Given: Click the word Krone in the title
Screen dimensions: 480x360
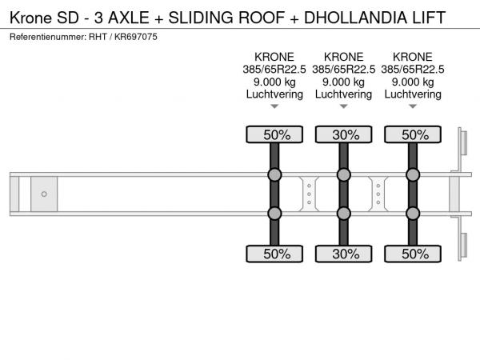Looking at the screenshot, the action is click(30, 18).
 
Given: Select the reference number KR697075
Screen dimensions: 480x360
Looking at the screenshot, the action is click(136, 37).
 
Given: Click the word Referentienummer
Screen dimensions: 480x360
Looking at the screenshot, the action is click(48, 37).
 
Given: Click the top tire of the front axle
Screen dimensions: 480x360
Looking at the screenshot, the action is click(274, 134).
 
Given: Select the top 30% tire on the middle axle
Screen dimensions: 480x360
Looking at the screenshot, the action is click(344, 134).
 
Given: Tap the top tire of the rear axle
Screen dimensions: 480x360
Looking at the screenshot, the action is click(413, 134).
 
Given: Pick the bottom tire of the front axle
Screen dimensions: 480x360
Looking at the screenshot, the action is click(274, 254).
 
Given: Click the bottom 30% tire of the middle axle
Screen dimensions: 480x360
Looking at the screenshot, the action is click(344, 254).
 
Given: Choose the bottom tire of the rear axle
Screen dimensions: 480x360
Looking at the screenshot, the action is click(413, 254).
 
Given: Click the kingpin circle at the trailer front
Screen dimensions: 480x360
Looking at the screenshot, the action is click(44, 194).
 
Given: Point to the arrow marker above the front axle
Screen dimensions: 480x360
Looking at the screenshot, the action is click(274, 106).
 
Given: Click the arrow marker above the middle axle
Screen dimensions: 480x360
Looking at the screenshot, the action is click(344, 106).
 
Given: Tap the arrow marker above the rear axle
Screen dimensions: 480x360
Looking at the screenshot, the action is click(413, 106).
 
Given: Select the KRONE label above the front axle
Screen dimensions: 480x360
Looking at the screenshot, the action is click(274, 57).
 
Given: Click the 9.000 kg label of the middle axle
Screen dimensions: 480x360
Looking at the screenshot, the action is click(343, 82).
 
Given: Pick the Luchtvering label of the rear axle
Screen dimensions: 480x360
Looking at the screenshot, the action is click(413, 94).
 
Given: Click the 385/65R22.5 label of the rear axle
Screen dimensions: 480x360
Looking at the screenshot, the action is click(413, 70).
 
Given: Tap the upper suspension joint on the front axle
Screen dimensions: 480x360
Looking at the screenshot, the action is click(274, 174).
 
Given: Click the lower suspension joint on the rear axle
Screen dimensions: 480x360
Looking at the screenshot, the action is click(413, 214).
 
